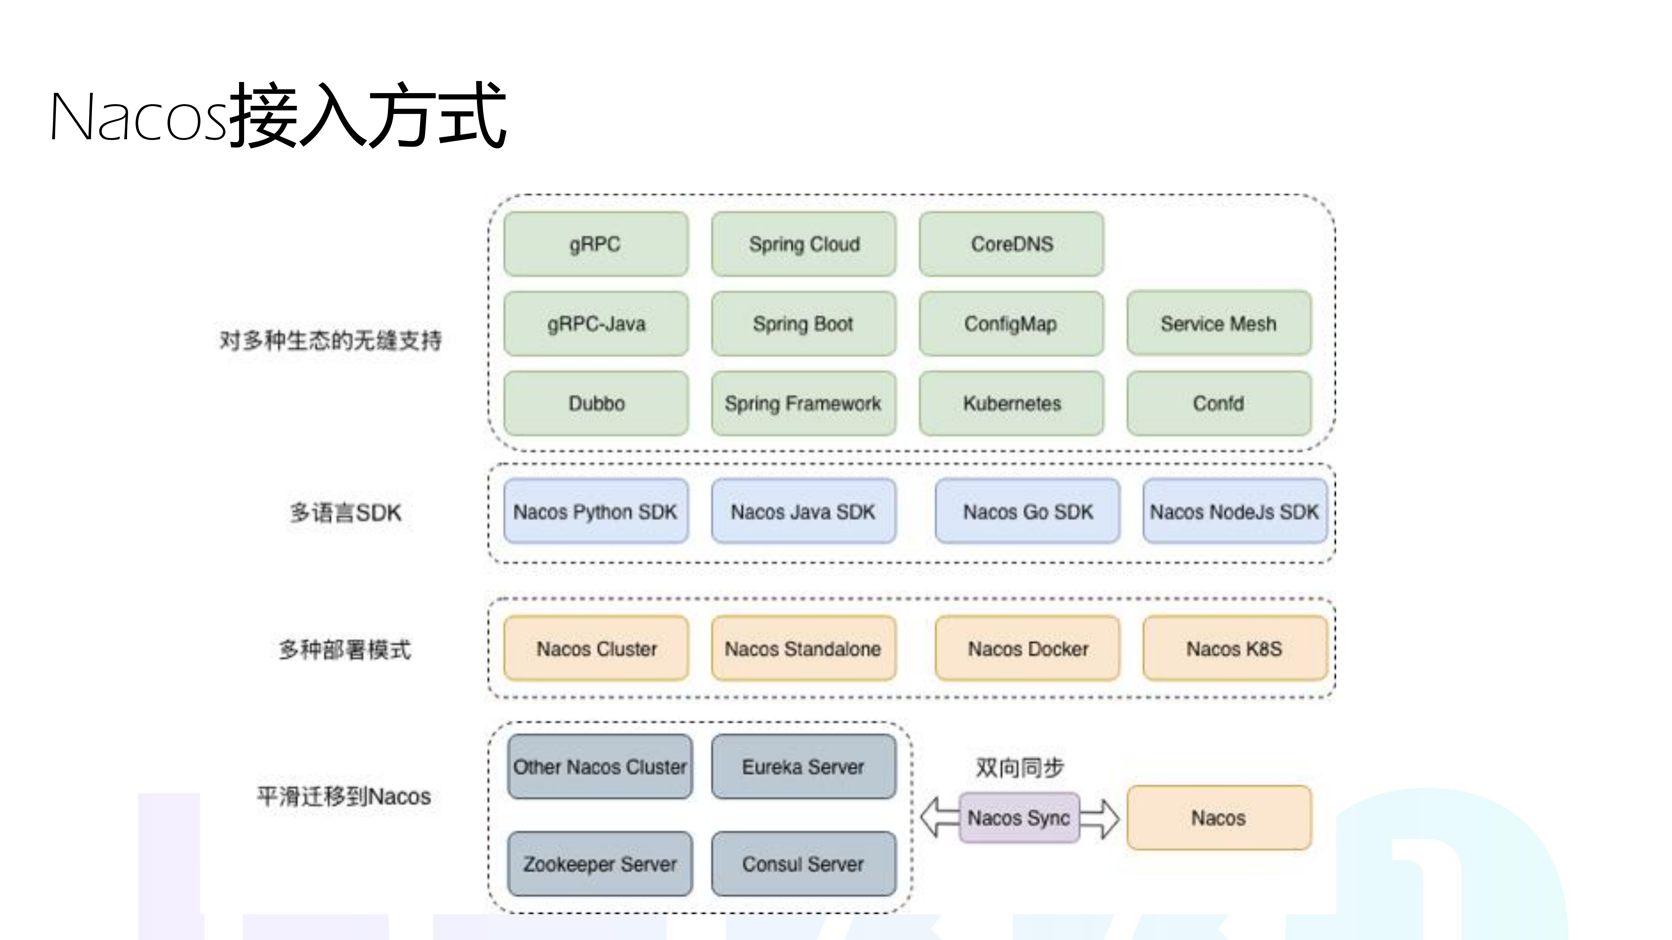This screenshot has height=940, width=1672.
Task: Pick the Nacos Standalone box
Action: [804, 649]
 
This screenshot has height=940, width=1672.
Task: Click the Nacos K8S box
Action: [1235, 649]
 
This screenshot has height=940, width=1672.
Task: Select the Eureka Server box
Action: [804, 767]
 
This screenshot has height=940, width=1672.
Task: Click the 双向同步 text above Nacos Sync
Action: [1020, 767]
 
